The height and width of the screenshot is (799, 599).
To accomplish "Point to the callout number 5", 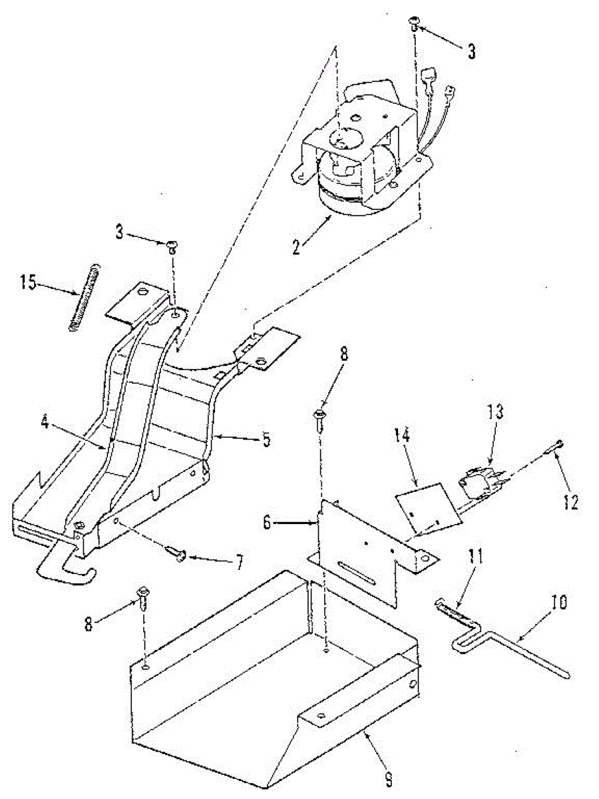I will click(266, 440).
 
